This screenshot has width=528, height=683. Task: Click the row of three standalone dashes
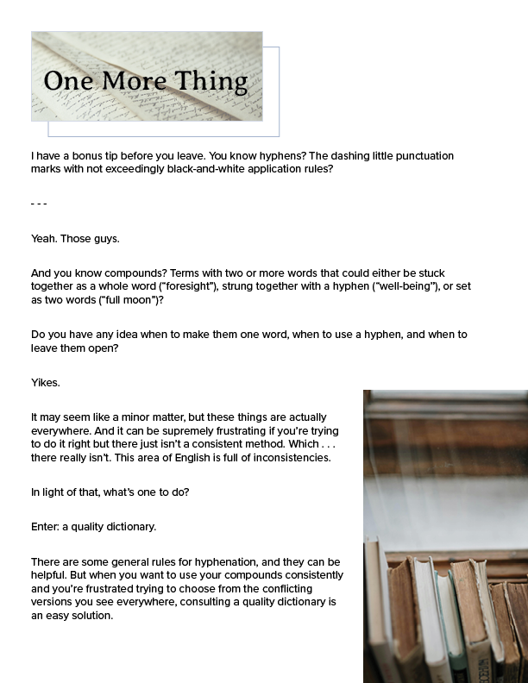[x=39, y=204]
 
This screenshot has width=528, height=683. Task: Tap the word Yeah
[x=44, y=238]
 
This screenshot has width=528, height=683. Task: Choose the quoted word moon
[x=135, y=299]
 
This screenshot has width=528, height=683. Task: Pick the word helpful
[x=56, y=575]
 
